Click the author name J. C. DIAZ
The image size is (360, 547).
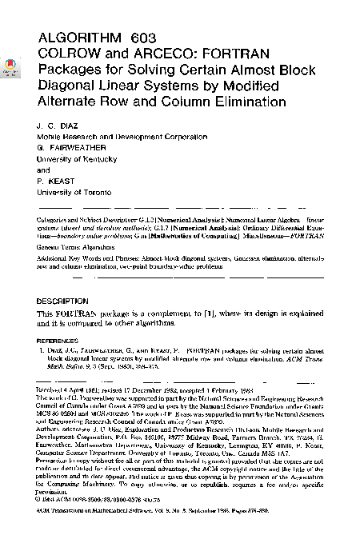[61, 126]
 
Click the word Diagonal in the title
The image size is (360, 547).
[66, 86]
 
